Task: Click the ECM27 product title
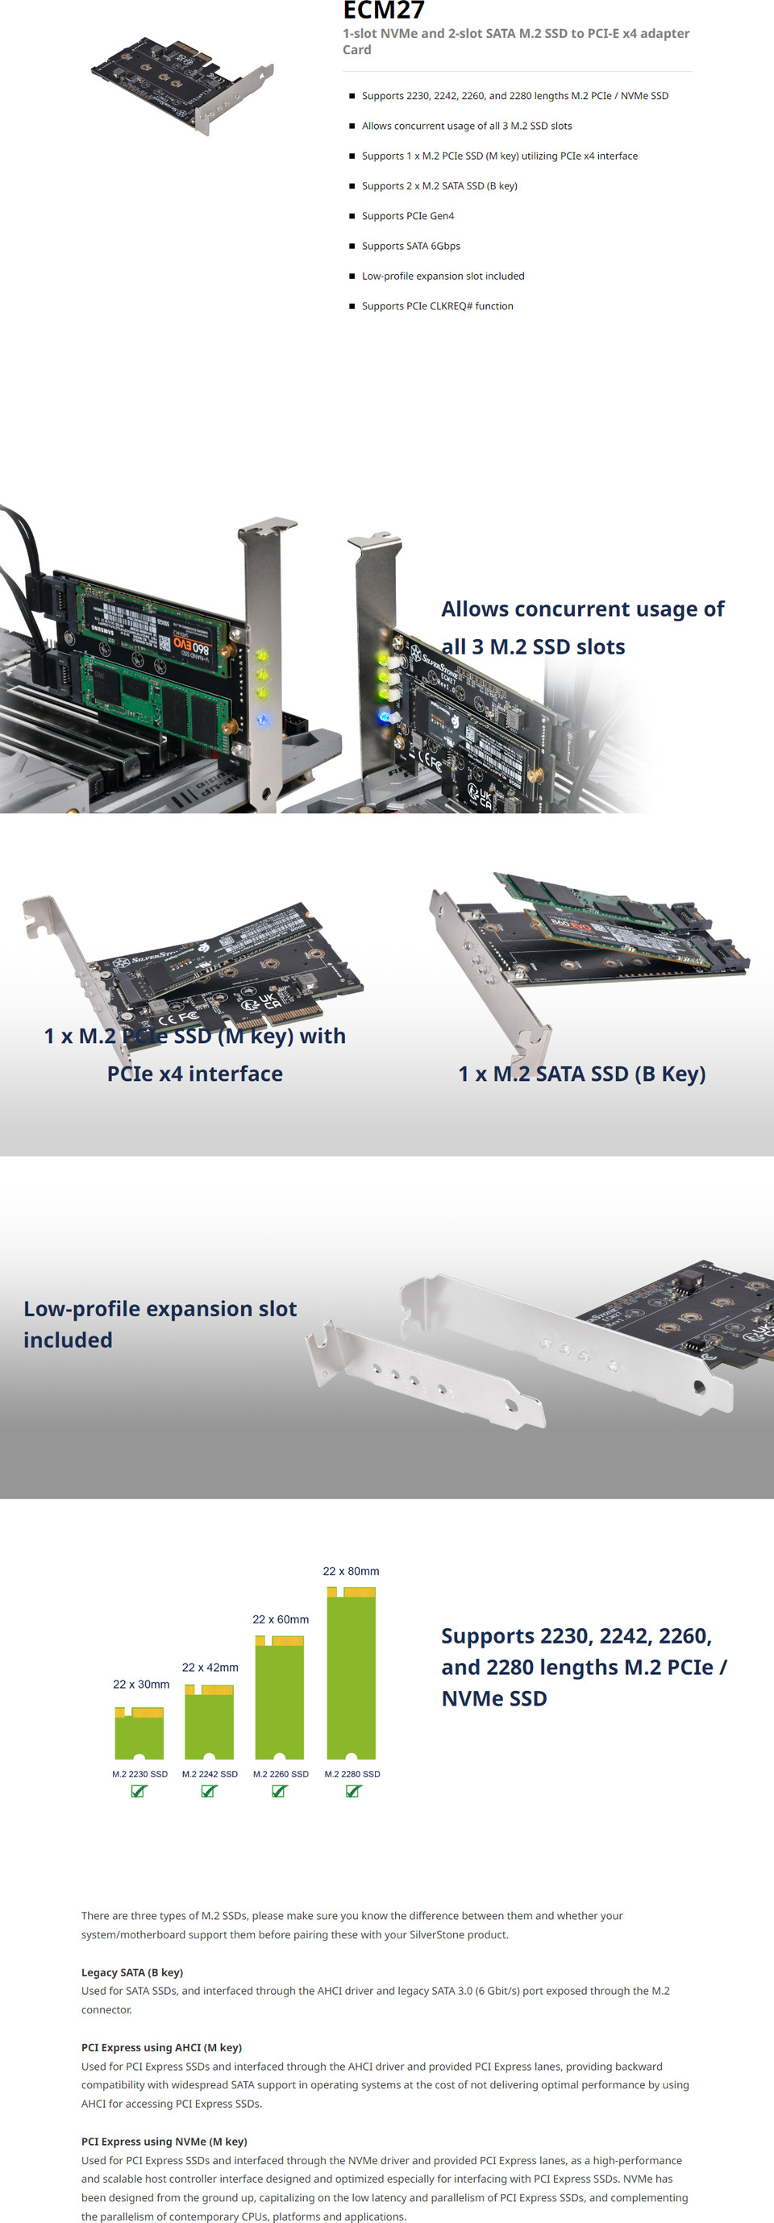click(x=383, y=11)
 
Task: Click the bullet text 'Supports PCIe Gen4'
click(x=407, y=216)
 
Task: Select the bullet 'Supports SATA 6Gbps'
click(x=410, y=246)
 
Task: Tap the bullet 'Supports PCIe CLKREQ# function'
click(x=437, y=306)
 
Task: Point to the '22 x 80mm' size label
click(x=351, y=1571)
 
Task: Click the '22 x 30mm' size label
click(x=140, y=1684)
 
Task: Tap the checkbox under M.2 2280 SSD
click(x=352, y=1791)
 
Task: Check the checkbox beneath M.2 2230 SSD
click(x=138, y=1791)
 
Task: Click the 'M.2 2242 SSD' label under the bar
click(x=210, y=1773)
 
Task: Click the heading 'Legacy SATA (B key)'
click(x=132, y=1972)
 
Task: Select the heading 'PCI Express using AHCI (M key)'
click(x=161, y=2047)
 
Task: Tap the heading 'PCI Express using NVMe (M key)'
click(x=164, y=2141)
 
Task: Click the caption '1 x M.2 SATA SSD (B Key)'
click(x=581, y=1074)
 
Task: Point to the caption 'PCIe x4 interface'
click(x=195, y=1074)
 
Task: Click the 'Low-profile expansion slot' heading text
click(x=160, y=1308)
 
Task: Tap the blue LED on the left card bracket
click(x=263, y=719)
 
